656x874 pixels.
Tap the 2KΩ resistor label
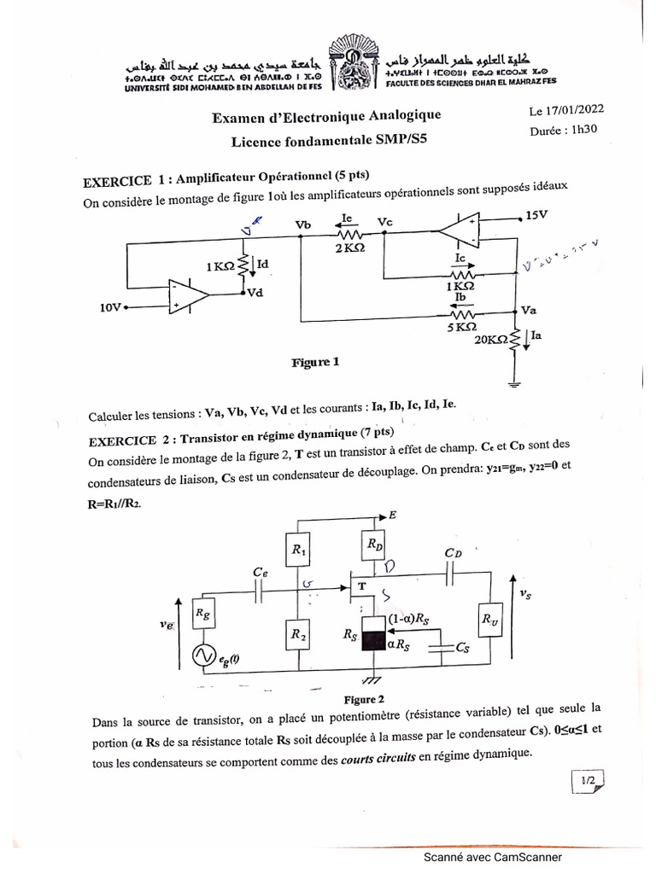(x=351, y=248)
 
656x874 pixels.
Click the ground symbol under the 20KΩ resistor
(x=514, y=383)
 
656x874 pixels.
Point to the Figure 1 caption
(x=315, y=362)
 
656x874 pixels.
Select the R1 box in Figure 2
(x=299, y=551)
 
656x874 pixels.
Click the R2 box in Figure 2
(x=299, y=633)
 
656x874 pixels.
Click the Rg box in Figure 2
(x=203, y=613)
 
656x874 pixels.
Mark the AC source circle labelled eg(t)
(x=204, y=655)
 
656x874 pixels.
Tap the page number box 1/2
(x=589, y=779)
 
